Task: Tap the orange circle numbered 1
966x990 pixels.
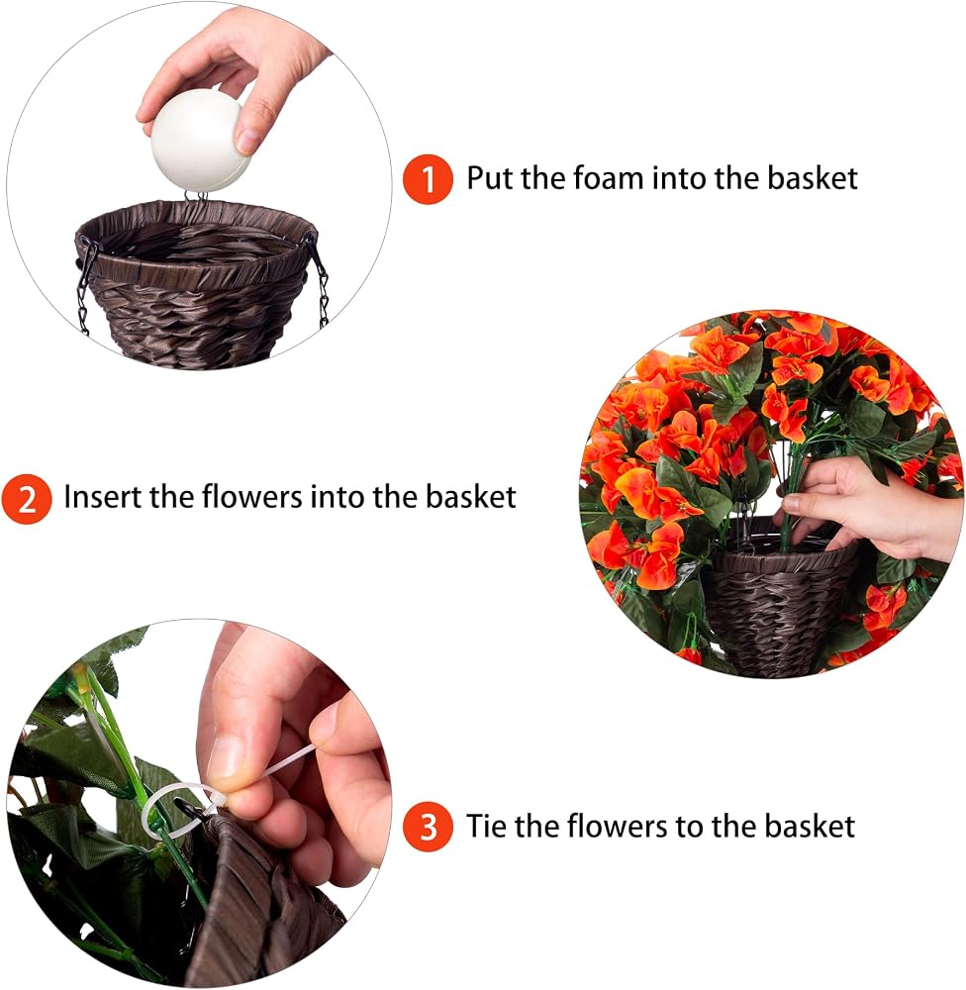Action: [x=429, y=178]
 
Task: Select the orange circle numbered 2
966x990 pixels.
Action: [x=26, y=499]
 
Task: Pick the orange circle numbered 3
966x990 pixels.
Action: [x=429, y=827]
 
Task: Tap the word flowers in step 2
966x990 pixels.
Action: [x=252, y=496]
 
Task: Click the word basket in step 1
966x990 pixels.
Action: [x=813, y=177]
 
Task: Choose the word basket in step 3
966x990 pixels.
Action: [x=810, y=826]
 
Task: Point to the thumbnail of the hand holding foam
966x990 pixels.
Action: [x=200, y=186]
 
